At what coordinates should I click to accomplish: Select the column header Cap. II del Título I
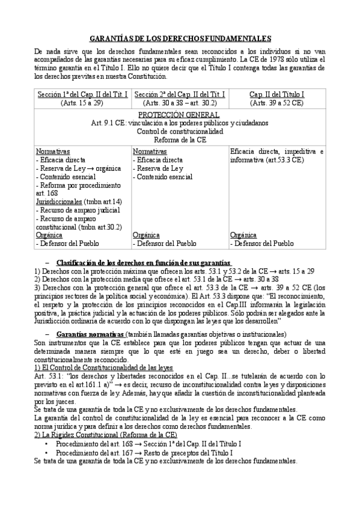point(276,94)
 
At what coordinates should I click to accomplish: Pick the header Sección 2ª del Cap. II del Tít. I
point(180,94)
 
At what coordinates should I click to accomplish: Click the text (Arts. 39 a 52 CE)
point(276,103)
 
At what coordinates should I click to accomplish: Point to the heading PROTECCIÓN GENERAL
point(180,114)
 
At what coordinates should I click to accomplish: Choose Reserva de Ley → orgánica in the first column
point(75,168)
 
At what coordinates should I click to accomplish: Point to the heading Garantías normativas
point(90,334)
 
